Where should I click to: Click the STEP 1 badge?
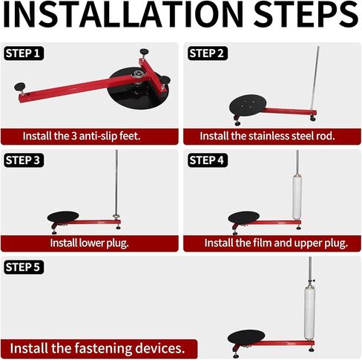[x=24, y=53]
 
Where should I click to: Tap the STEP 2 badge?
[x=208, y=53]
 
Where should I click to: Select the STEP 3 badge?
[x=24, y=160]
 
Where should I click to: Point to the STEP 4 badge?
[x=208, y=160]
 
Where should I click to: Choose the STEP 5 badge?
[x=24, y=267]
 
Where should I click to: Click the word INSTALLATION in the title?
[x=123, y=14]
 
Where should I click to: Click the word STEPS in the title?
[x=306, y=14]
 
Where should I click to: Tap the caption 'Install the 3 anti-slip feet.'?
[x=82, y=136]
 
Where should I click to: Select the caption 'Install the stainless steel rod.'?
[x=267, y=136]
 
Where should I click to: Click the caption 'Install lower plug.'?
[x=90, y=243]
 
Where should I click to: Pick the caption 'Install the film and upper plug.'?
[x=276, y=243]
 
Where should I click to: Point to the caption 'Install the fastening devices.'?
[x=97, y=348]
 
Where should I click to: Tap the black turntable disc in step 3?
[x=63, y=217]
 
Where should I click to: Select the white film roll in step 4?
[x=297, y=197]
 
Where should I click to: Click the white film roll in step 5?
[x=309, y=313]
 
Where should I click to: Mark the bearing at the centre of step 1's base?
[x=138, y=74]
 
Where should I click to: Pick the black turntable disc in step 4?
[x=244, y=217]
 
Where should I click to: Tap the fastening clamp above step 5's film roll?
[x=311, y=281]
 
